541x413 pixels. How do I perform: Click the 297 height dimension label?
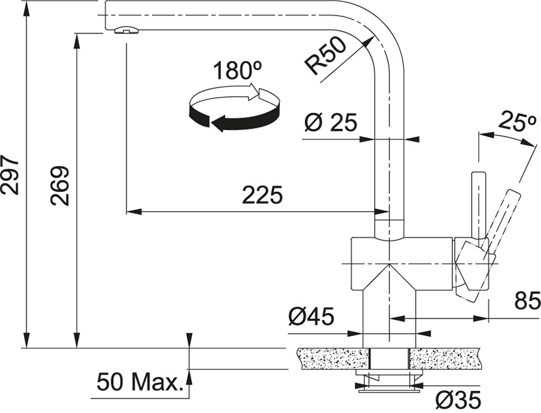click(9, 175)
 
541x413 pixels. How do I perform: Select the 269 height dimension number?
click(60, 186)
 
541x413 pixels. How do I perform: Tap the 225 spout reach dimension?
click(262, 195)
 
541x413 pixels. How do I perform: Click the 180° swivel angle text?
click(237, 70)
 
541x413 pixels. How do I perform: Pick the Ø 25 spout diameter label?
click(330, 122)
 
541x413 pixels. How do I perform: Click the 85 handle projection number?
click(527, 301)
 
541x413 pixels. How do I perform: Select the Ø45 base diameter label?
click(311, 316)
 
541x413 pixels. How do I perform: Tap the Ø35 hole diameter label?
click(458, 400)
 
